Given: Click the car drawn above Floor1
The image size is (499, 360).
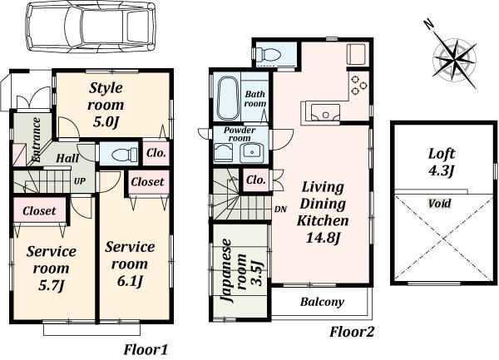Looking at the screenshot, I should point(91,32).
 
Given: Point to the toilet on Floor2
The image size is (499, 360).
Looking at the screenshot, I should point(271,55).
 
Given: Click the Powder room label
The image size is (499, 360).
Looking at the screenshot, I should point(240,135).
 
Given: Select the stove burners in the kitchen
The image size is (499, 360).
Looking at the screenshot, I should point(358,83).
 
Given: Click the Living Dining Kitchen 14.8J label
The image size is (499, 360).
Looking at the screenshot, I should point(324,212).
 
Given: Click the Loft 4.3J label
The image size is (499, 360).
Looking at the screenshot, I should point(442,161).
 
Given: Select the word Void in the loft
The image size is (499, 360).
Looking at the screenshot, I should point(440,203).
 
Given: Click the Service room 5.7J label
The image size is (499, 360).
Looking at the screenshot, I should point(51,268).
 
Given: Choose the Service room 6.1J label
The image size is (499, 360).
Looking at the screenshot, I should point(129,264).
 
